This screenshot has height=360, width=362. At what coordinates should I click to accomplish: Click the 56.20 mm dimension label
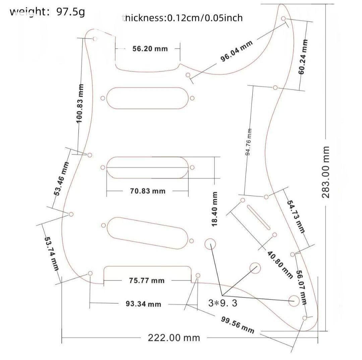[150, 49]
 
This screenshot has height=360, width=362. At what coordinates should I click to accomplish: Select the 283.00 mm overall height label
[326, 172]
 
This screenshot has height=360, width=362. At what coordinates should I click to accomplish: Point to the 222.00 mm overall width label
[174, 338]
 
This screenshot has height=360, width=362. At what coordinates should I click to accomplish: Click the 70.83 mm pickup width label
[147, 191]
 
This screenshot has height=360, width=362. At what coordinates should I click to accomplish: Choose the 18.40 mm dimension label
[215, 208]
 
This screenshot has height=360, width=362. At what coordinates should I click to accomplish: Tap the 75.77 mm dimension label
[147, 280]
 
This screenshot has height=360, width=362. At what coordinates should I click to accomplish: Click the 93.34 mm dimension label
[143, 304]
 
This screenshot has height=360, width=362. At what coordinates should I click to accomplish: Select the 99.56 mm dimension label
[237, 324]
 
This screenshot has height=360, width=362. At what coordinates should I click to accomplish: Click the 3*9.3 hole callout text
[223, 303]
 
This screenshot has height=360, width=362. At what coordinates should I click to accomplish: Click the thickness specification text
[183, 18]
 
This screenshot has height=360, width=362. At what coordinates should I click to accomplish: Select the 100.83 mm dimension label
[80, 103]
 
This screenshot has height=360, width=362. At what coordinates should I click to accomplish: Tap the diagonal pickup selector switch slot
[259, 217]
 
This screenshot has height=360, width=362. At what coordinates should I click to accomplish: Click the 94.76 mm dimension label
[248, 142]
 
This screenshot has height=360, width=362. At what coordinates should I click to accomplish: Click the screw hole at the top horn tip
[284, 18]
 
